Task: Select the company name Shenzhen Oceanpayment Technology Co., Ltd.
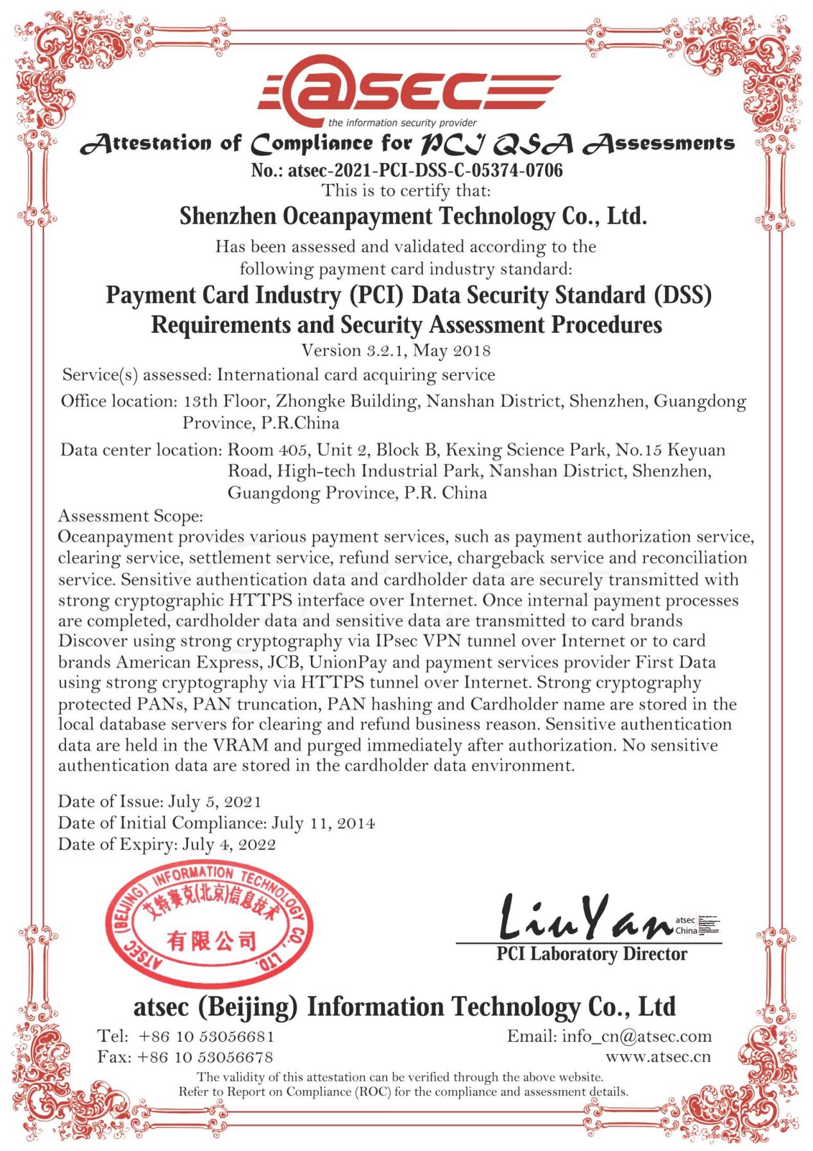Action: (x=413, y=217)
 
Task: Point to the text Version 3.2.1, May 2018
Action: (x=396, y=350)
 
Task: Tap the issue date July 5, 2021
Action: (x=215, y=801)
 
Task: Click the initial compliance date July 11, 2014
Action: (x=323, y=823)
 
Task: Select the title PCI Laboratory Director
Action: (x=591, y=954)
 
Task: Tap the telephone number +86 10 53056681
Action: (x=206, y=1036)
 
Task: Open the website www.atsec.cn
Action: (x=658, y=1057)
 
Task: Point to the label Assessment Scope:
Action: (x=131, y=516)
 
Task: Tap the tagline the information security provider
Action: (x=402, y=123)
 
